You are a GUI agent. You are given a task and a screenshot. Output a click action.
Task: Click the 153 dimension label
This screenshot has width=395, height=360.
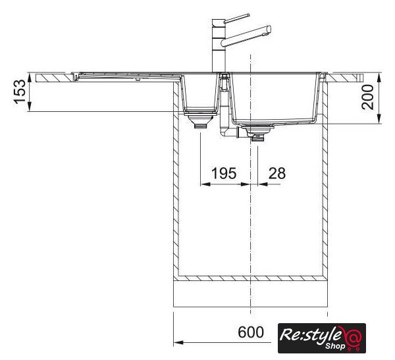coord(20,91)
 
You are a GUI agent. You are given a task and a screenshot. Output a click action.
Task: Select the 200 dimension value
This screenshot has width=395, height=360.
coord(368,97)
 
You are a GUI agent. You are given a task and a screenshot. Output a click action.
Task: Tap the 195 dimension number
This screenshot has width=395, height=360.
coord(224,173)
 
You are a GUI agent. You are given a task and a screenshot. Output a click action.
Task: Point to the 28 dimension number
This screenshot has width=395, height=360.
coord(277,173)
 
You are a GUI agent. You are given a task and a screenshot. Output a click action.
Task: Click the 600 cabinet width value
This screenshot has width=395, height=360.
coord(251,332)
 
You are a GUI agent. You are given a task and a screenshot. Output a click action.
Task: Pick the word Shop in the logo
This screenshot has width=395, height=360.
coord(335,346)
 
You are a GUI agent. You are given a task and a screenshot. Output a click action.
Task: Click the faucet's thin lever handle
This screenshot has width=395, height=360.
coord(236,18)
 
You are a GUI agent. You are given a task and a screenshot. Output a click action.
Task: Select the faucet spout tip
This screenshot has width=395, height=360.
coord(269,30)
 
